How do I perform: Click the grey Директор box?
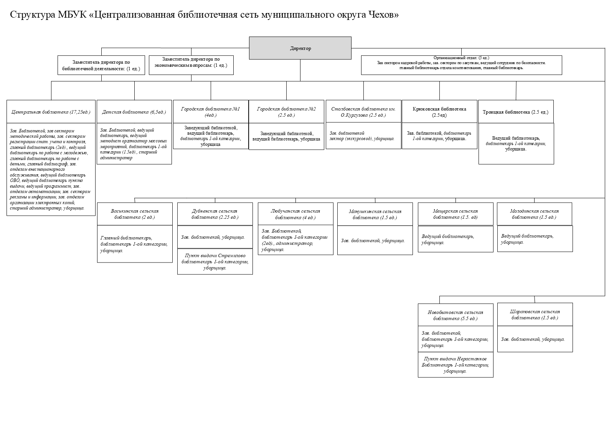(x=300, y=48)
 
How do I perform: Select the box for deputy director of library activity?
(x=101, y=65)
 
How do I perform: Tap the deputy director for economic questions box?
(x=191, y=65)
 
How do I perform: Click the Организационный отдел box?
(x=461, y=65)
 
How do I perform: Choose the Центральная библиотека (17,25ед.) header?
(x=51, y=112)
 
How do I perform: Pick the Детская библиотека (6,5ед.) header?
(x=134, y=112)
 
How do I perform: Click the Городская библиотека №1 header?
(x=211, y=112)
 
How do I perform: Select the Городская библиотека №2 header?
(x=286, y=112)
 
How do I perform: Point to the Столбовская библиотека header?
(x=363, y=112)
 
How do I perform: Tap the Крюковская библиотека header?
(x=439, y=112)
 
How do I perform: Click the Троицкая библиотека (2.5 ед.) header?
(x=516, y=112)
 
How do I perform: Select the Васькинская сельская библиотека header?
(x=135, y=214)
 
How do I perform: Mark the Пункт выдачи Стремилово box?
(x=215, y=261)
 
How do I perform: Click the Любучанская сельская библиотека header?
(x=295, y=214)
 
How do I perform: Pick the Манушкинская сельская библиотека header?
(x=375, y=214)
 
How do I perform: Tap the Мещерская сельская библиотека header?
(x=456, y=214)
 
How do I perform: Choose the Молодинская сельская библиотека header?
(x=534, y=214)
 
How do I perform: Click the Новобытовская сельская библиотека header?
(x=456, y=315)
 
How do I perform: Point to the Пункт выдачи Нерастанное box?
(x=456, y=365)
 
